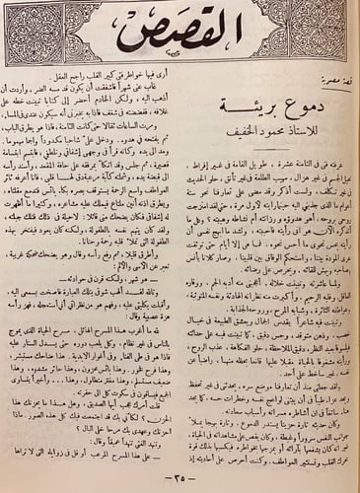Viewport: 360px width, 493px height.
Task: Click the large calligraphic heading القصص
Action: click(180, 39)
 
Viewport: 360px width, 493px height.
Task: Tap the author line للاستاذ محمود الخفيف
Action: click(263, 127)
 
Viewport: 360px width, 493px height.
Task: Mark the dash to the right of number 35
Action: click(197, 477)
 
